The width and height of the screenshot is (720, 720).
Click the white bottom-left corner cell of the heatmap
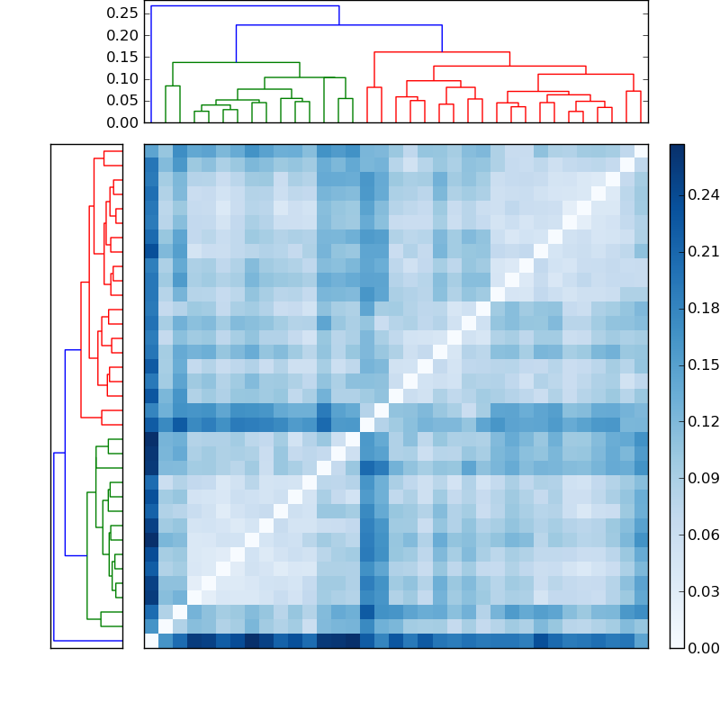point(151,641)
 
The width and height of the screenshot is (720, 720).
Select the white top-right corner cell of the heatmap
point(641,151)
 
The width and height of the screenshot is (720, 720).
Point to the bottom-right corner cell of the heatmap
point(641,641)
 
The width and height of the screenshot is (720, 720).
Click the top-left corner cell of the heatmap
point(151,151)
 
